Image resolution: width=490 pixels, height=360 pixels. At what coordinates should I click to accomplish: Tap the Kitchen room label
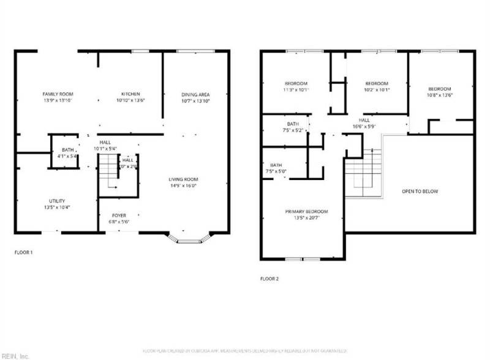[130, 94]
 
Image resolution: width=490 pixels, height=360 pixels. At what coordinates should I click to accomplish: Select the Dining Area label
[195, 94]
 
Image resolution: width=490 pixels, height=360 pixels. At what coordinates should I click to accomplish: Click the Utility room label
[57, 201]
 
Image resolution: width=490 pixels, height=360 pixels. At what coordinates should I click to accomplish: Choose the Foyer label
[119, 216]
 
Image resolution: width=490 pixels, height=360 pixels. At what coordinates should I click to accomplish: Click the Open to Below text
[420, 191]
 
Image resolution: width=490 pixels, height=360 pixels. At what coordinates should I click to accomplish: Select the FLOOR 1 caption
[23, 252]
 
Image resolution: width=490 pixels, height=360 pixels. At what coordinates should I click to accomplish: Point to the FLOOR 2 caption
[269, 279]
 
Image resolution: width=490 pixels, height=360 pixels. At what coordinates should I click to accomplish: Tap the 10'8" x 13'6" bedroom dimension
[439, 95]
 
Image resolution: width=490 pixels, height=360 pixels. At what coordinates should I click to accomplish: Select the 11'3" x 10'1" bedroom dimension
[296, 89]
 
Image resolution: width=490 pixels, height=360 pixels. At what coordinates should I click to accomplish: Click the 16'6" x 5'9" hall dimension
[364, 126]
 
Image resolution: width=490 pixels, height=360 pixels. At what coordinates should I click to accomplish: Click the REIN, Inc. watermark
[15, 355]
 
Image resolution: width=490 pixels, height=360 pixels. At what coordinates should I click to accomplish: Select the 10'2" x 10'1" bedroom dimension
[377, 89]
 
